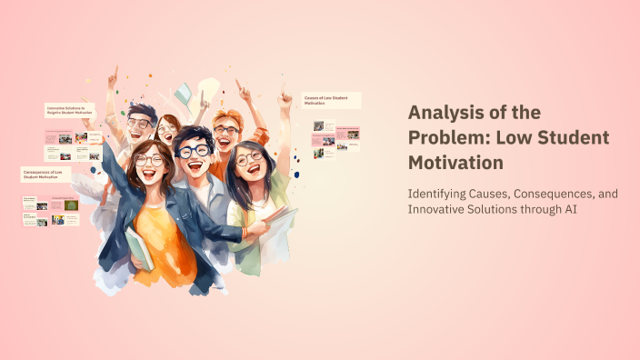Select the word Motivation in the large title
[455, 163]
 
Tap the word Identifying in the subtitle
[440, 193]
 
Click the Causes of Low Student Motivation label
[331, 100]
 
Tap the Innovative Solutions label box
[69, 111]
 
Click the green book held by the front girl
[139, 247]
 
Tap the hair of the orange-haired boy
[227, 117]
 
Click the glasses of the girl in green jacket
[247, 157]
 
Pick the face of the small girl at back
[167, 130]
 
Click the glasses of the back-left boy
[139, 123]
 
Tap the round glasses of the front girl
[148, 160]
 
